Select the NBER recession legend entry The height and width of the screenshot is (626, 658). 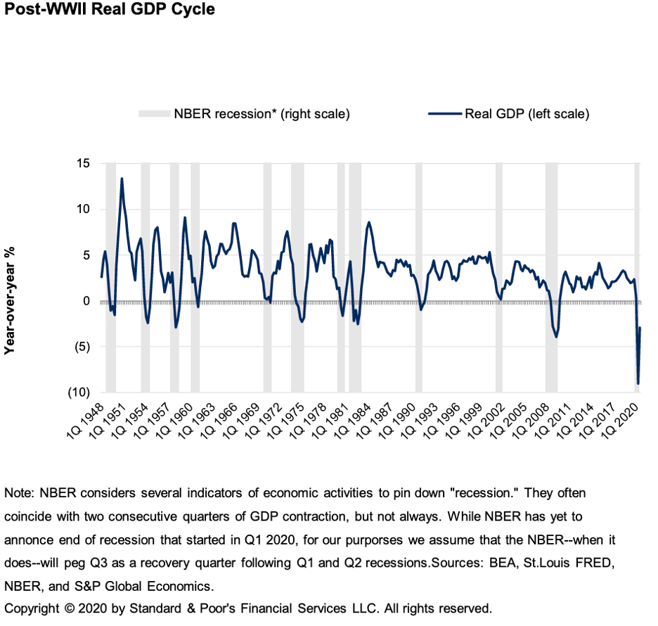pos(243,114)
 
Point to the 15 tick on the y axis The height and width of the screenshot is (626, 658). pos(83,164)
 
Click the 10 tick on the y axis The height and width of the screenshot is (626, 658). pos(83,210)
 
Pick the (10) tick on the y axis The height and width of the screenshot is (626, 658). pos(79,392)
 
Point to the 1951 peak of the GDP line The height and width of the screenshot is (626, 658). pos(122,179)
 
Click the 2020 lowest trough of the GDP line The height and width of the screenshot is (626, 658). pos(638,383)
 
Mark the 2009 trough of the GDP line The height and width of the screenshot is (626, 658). pos(556,337)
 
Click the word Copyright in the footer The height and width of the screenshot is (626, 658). pos(32,608)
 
